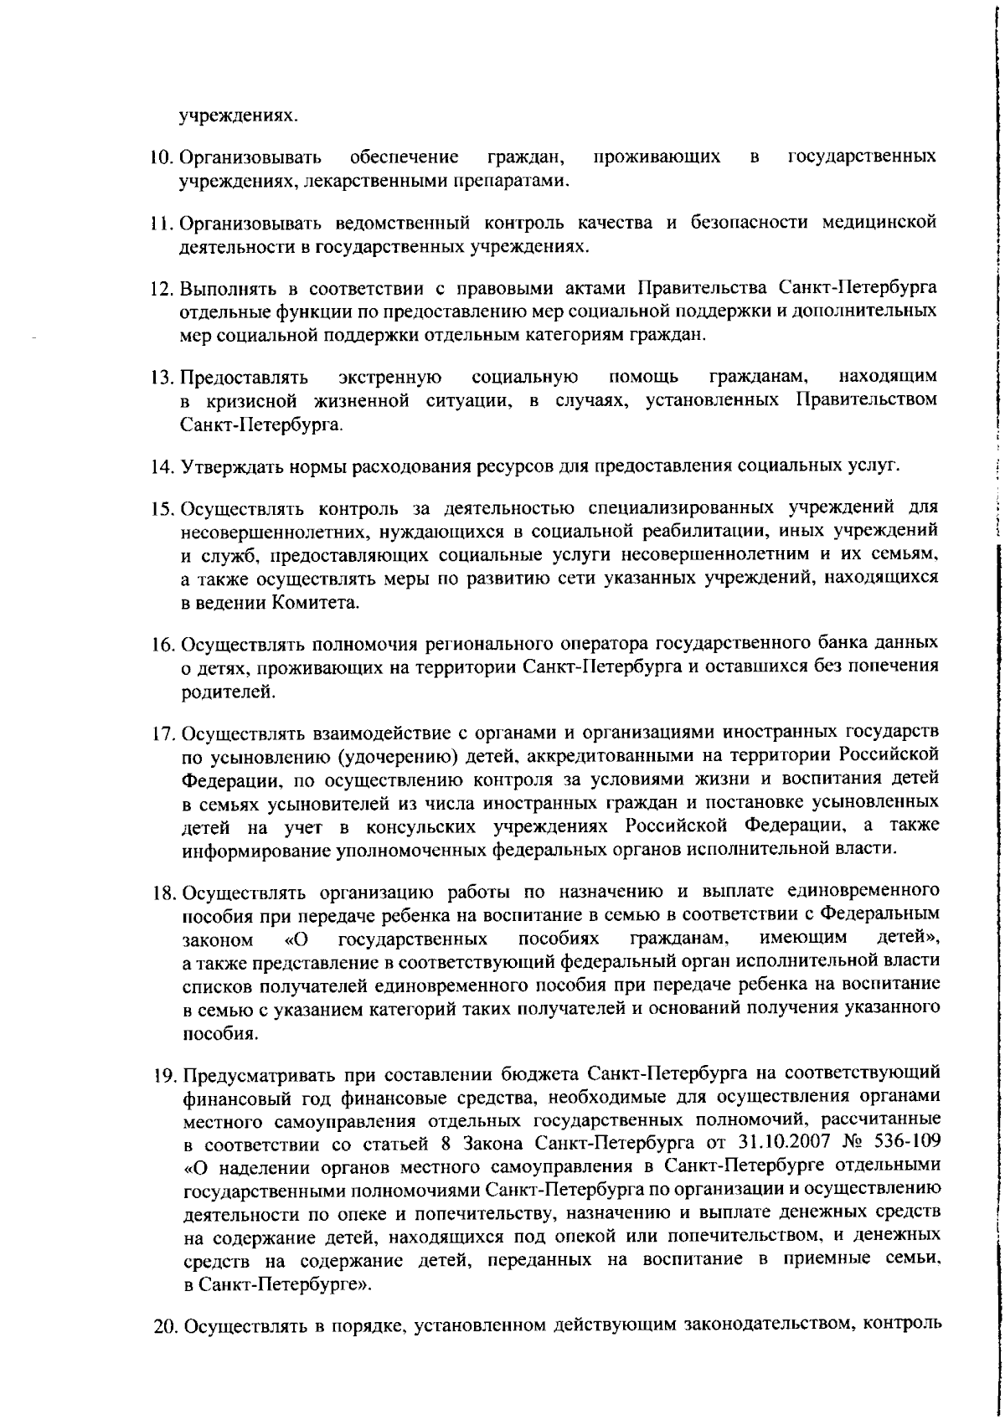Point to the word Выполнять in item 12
[x=222, y=289]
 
